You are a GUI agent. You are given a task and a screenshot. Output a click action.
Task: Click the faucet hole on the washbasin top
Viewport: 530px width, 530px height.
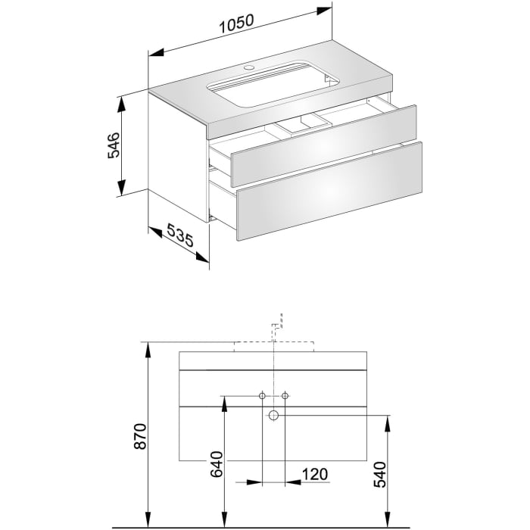point(248,69)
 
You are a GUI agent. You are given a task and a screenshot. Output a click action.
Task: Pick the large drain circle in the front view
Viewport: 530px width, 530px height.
point(273,415)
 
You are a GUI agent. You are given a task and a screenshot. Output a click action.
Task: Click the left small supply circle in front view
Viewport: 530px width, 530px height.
point(262,395)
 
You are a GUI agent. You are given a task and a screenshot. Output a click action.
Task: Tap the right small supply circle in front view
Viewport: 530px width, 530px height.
point(285,395)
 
